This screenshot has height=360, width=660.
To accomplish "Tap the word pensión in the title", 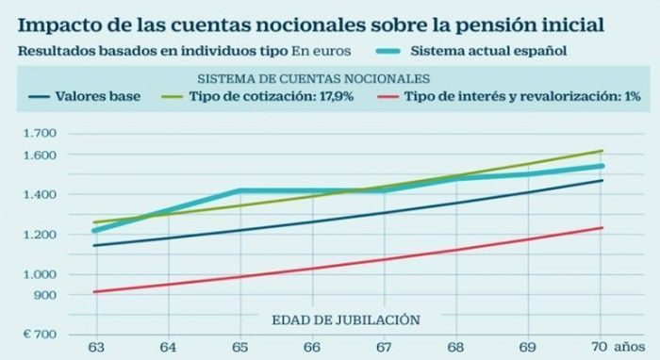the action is coord(498,25).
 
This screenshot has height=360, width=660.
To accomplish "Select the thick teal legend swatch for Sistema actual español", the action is coord(388,51).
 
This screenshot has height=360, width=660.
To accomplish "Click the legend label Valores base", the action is coord(98,96).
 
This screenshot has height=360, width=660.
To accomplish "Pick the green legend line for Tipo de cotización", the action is coord(173,97).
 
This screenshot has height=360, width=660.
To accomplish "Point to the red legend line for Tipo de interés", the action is coord(388,97).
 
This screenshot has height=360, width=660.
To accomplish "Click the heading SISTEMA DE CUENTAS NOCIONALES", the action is coord(314,78).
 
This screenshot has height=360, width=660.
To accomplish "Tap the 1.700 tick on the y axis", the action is coord(40,134).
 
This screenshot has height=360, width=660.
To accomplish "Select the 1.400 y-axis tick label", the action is coord(40,194).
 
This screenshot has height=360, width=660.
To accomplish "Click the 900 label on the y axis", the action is coord(44,295).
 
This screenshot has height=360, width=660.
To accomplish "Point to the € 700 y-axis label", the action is coord(40,335).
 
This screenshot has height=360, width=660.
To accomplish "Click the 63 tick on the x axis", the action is coord(96,348).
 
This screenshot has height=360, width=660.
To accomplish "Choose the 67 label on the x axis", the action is coord(384,348).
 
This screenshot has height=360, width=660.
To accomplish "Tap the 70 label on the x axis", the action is coord(599,347).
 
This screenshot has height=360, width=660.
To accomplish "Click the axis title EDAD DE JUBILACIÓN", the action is coord(346,320).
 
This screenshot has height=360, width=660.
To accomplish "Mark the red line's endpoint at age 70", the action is coord(602,228).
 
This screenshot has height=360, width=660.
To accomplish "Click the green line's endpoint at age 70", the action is coord(602,151).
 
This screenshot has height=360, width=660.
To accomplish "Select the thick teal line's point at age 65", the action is coord(240,191).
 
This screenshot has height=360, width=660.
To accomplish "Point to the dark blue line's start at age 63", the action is coord(94,246).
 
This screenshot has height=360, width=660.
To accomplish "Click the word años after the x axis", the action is coord(629,348).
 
